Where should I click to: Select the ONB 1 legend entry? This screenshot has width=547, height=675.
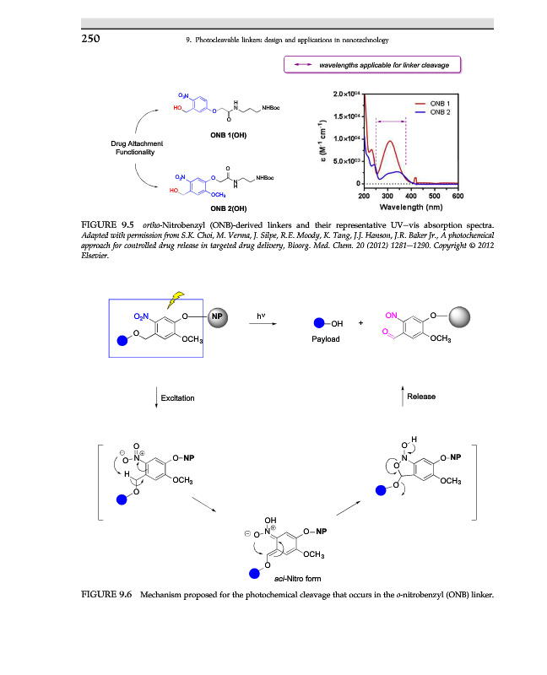(441, 102)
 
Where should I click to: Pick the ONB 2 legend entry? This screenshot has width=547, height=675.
(441, 111)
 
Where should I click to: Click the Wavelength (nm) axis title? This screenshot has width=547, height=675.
(411, 207)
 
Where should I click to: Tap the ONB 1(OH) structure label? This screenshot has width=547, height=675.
(228, 134)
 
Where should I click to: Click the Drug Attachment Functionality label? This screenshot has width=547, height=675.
(136, 148)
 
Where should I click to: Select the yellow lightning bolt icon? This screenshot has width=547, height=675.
(177, 297)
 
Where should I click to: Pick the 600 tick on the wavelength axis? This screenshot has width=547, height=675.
(458, 195)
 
